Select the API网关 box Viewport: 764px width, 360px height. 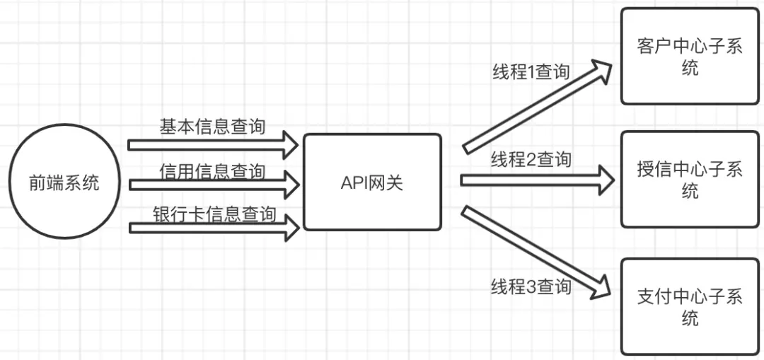372,182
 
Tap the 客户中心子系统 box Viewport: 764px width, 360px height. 689,56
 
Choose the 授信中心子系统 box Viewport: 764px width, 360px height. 689,179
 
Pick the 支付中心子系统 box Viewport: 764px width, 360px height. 689,306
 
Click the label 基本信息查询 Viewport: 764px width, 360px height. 212,127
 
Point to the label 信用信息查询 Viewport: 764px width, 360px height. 212,171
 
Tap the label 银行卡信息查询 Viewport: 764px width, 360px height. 214,214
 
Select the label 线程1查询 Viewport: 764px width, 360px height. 531,71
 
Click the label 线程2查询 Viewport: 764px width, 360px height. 531,160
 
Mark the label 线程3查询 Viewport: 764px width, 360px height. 531,286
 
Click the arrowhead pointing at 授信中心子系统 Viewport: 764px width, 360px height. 605,180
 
